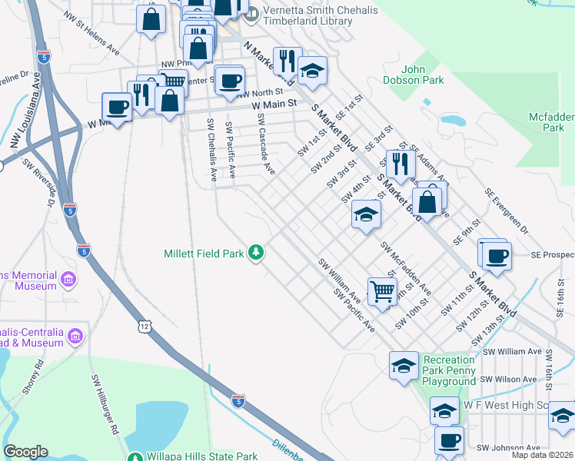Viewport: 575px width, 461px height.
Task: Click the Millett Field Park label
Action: click(204, 253)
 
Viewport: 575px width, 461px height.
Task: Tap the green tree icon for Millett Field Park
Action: click(256, 253)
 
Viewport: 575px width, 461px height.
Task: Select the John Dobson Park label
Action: click(413, 74)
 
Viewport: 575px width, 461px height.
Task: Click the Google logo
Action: click(25, 452)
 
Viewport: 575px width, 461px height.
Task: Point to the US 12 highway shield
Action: click(145, 327)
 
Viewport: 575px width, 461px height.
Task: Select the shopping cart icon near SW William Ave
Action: click(381, 291)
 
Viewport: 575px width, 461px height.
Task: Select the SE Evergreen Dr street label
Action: click(507, 210)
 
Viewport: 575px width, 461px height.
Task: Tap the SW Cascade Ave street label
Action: click(265, 144)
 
